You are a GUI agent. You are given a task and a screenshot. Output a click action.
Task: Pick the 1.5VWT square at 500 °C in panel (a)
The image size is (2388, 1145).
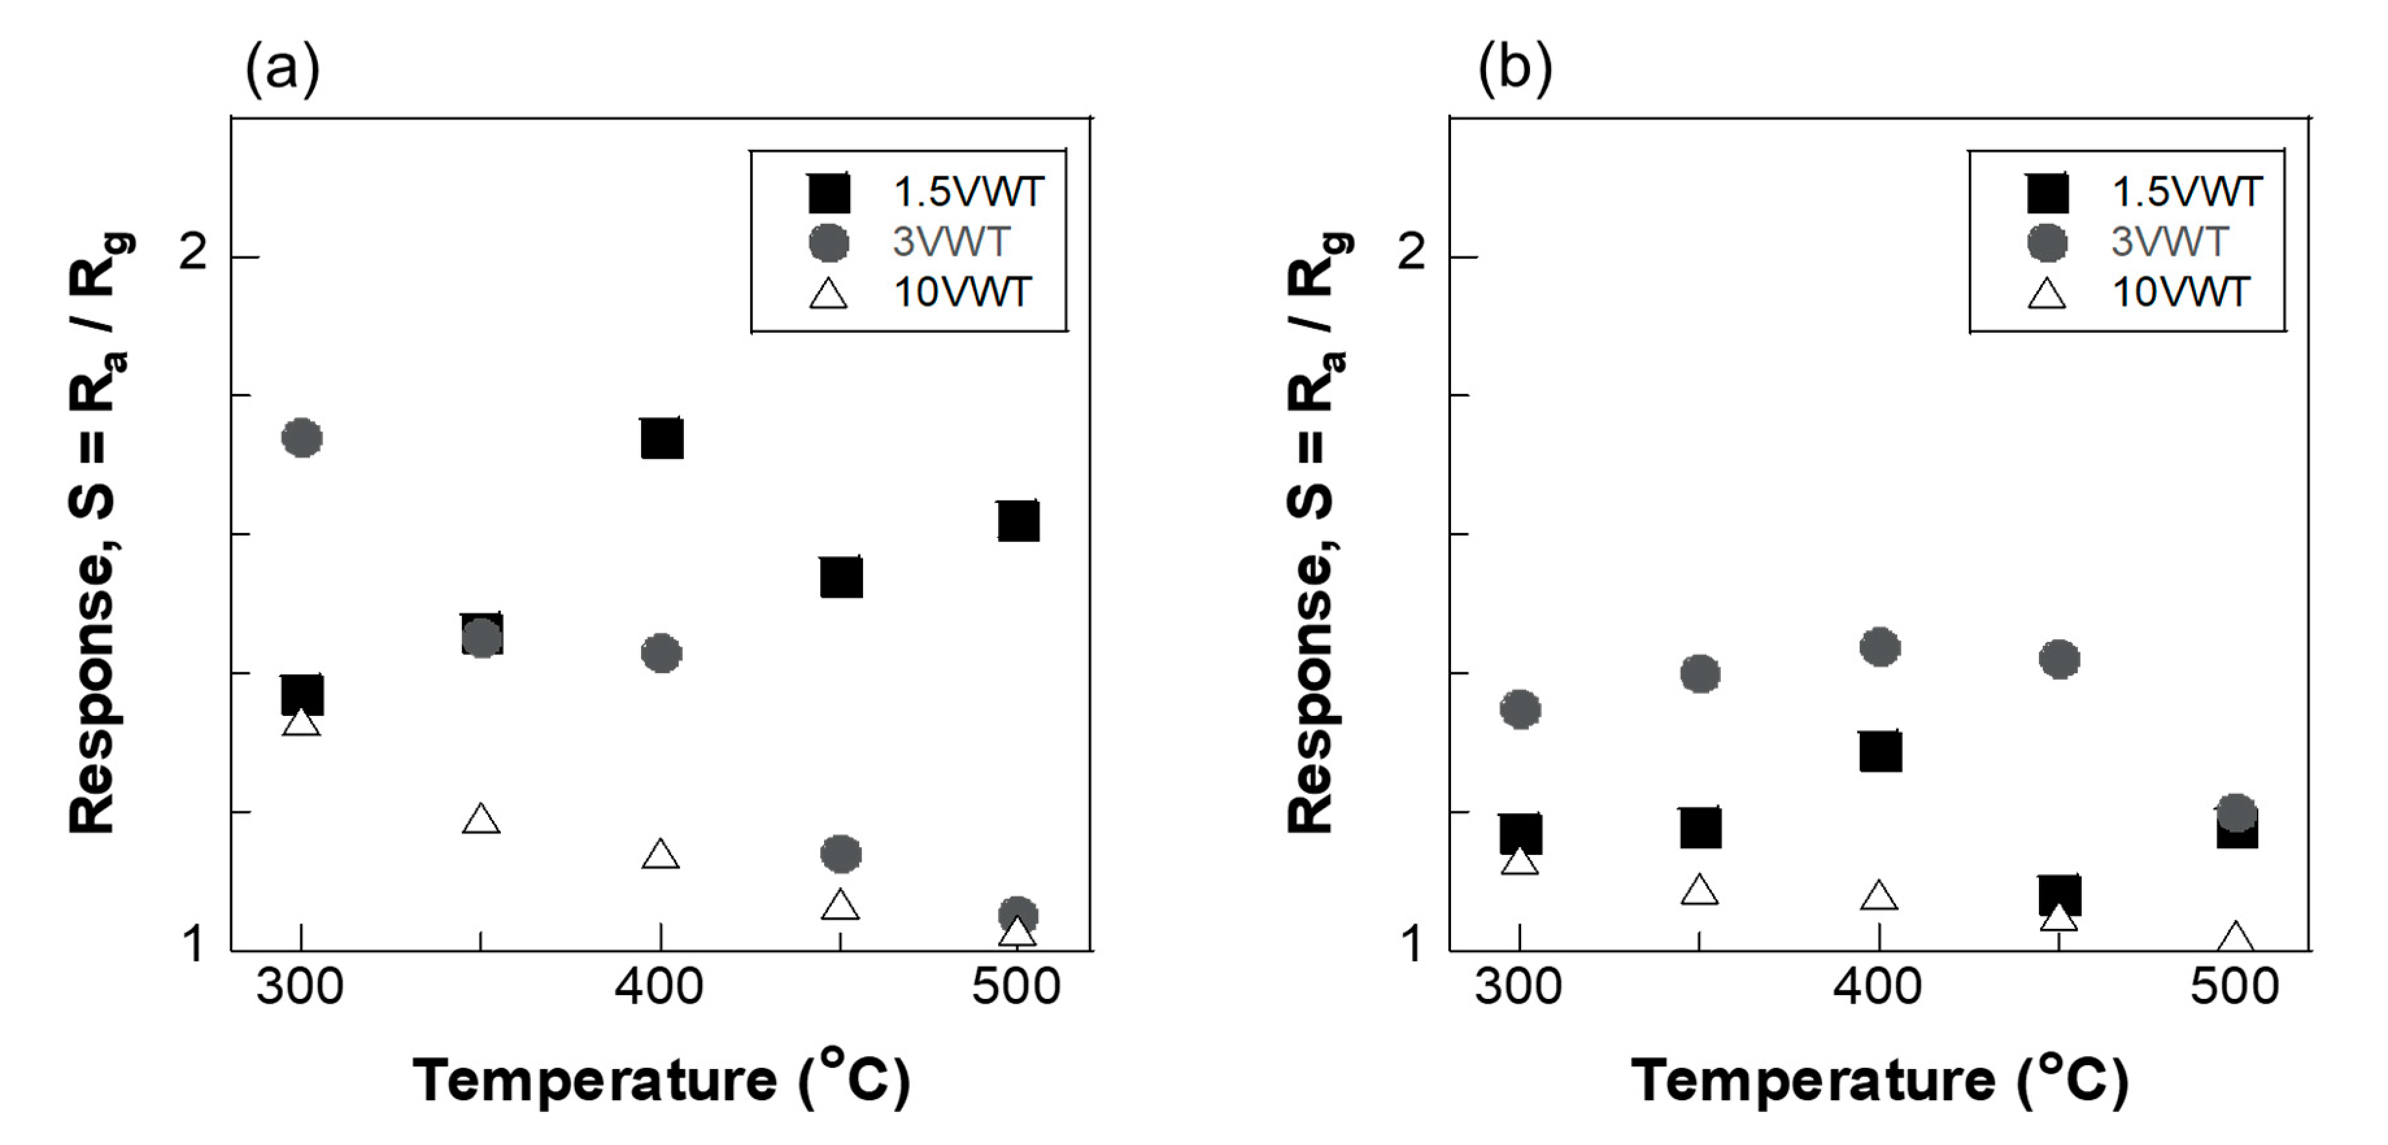point(1018,521)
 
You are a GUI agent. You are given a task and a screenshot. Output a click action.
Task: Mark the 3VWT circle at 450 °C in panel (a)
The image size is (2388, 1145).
point(841,853)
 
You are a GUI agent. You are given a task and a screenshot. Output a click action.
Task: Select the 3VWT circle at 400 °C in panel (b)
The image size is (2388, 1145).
point(1880,647)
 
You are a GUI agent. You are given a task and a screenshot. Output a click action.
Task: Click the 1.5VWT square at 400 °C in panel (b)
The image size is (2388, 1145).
point(1880,751)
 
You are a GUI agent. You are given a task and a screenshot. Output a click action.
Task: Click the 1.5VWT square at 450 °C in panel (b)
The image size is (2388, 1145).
point(2060,894)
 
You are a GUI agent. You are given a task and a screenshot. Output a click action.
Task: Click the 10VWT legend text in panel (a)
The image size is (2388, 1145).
point(961,293)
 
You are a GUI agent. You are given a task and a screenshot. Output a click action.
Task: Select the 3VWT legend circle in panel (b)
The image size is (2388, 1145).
point(2047,243)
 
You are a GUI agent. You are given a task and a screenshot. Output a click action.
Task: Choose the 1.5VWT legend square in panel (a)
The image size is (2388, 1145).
point(829,193)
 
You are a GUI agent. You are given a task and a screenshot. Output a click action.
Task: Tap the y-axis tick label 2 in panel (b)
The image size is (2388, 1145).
point(1411,252)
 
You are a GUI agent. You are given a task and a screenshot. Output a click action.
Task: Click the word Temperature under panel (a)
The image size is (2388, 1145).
point(594,1081)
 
